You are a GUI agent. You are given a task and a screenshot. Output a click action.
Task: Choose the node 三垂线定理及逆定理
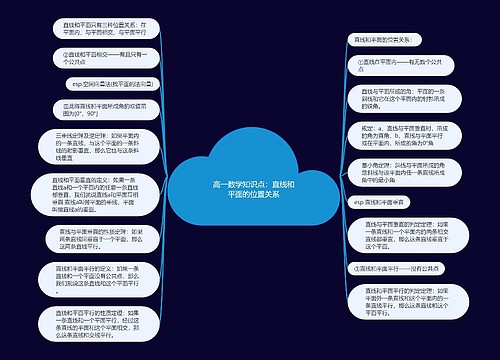coord(88,144)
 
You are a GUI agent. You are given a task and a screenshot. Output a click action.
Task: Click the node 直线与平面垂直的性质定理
coord(88,241)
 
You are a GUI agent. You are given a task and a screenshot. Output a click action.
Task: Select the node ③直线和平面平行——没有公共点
coord(400,268)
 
